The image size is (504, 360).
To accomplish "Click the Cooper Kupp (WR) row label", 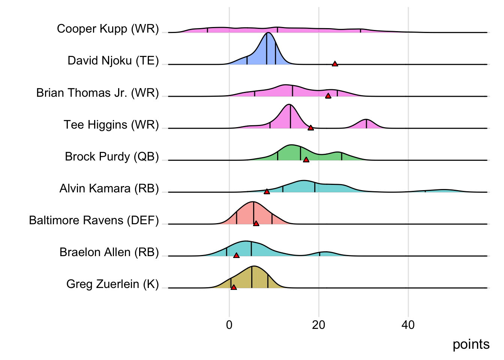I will [108, 29].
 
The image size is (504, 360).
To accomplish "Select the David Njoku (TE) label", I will [113, 61].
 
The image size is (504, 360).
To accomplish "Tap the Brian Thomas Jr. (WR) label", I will [97, 93].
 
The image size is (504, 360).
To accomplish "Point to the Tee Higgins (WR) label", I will [111, 124].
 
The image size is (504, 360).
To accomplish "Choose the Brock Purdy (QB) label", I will [112, 156].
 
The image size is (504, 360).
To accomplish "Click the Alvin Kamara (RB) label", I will [109, 188].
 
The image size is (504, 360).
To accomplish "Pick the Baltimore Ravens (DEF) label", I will [94, 220].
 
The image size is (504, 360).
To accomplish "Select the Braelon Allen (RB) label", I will [109, 252].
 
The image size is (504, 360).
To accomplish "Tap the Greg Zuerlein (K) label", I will [112, 284].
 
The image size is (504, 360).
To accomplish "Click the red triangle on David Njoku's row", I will [335, 64].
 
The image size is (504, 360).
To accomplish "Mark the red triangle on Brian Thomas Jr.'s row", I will [328, 96].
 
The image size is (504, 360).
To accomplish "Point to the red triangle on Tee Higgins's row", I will [310, 128].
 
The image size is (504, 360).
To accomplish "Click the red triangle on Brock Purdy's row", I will [306, 160].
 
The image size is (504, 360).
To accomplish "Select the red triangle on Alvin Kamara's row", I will [267, 192].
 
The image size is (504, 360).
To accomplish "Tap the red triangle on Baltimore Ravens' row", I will [256, 223].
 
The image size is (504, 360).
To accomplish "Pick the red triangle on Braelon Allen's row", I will [236, 255].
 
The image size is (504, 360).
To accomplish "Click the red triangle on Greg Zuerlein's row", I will [234, 287].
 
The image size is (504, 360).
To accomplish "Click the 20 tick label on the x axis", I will [319, 325].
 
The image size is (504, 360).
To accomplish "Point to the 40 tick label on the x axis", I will [408, 325].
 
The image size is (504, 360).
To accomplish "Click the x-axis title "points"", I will [471, 344].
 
